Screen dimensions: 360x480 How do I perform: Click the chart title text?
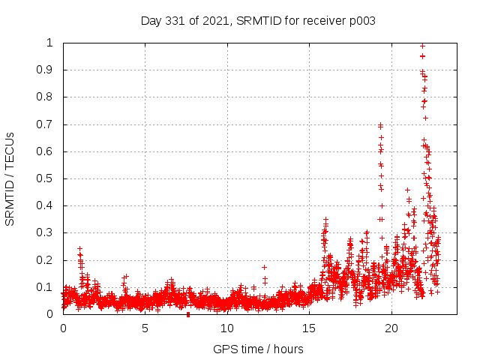point(258,20)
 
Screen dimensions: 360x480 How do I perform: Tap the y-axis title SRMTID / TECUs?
point(10,178)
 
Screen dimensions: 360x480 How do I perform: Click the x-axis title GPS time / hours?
point(258,349)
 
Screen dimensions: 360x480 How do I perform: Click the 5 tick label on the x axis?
point(145,328)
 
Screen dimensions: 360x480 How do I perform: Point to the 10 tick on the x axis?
point(227,328)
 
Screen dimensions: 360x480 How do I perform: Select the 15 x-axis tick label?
point(309,328)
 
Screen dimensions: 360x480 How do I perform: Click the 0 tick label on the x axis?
point(63,328)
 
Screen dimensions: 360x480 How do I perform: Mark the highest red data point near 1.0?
point(422,46)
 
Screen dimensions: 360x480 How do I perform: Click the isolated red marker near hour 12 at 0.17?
point(264,267)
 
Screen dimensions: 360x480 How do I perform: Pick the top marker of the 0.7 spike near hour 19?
point(380,125)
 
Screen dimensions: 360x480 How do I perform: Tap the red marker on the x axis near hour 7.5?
point(187,314)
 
